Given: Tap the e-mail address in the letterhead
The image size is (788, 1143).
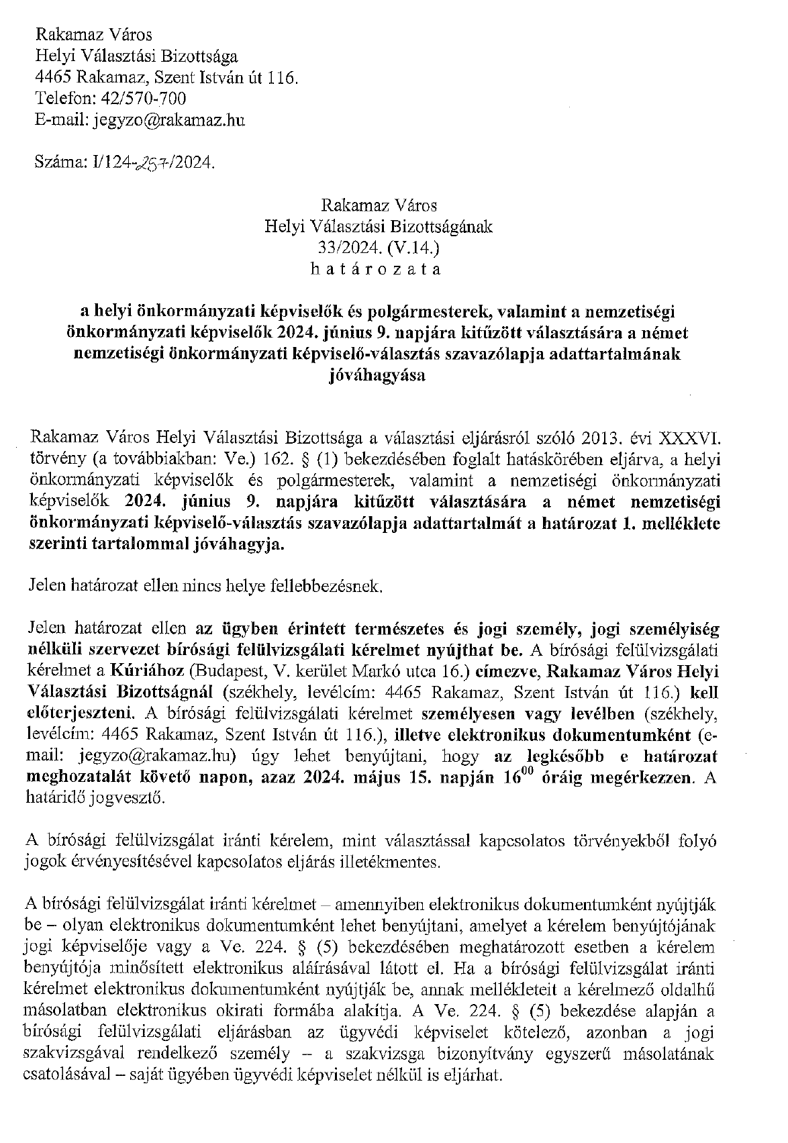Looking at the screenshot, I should coord(169,120).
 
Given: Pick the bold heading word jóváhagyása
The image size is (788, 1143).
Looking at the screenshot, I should coord(376,376).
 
